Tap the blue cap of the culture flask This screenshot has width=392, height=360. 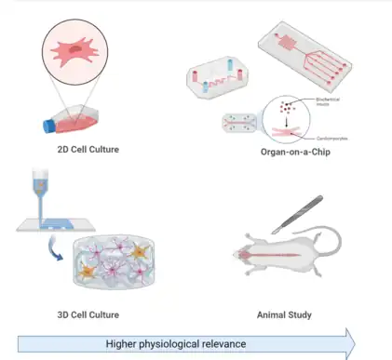49,125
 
